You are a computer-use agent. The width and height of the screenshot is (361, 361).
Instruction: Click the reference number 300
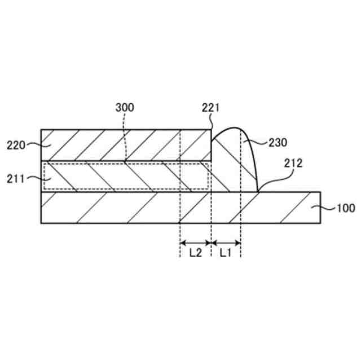pyautogui.click(x=125, y=107)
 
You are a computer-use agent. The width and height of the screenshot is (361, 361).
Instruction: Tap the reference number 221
pyautogui.click(x=210, y=107)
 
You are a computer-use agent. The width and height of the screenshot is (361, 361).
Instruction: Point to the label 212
pyautogui.click(x=294, y=164)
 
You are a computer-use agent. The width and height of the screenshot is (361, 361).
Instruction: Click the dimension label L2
pyautogui.click(x=195, y=253)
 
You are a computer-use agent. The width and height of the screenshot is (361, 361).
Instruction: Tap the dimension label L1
pyautogui.click(x=226, y=253)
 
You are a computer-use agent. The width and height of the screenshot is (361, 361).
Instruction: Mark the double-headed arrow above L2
pyautogui.click(x=195, y=243)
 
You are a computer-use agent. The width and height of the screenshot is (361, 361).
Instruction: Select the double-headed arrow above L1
pyautogui.click(x=226, y=243)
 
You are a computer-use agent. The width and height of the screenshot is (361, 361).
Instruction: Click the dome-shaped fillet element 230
pyautogui.click(x=234, y=161)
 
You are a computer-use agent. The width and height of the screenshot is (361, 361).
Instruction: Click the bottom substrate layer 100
pyautogui.click(x=141, y=208)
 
